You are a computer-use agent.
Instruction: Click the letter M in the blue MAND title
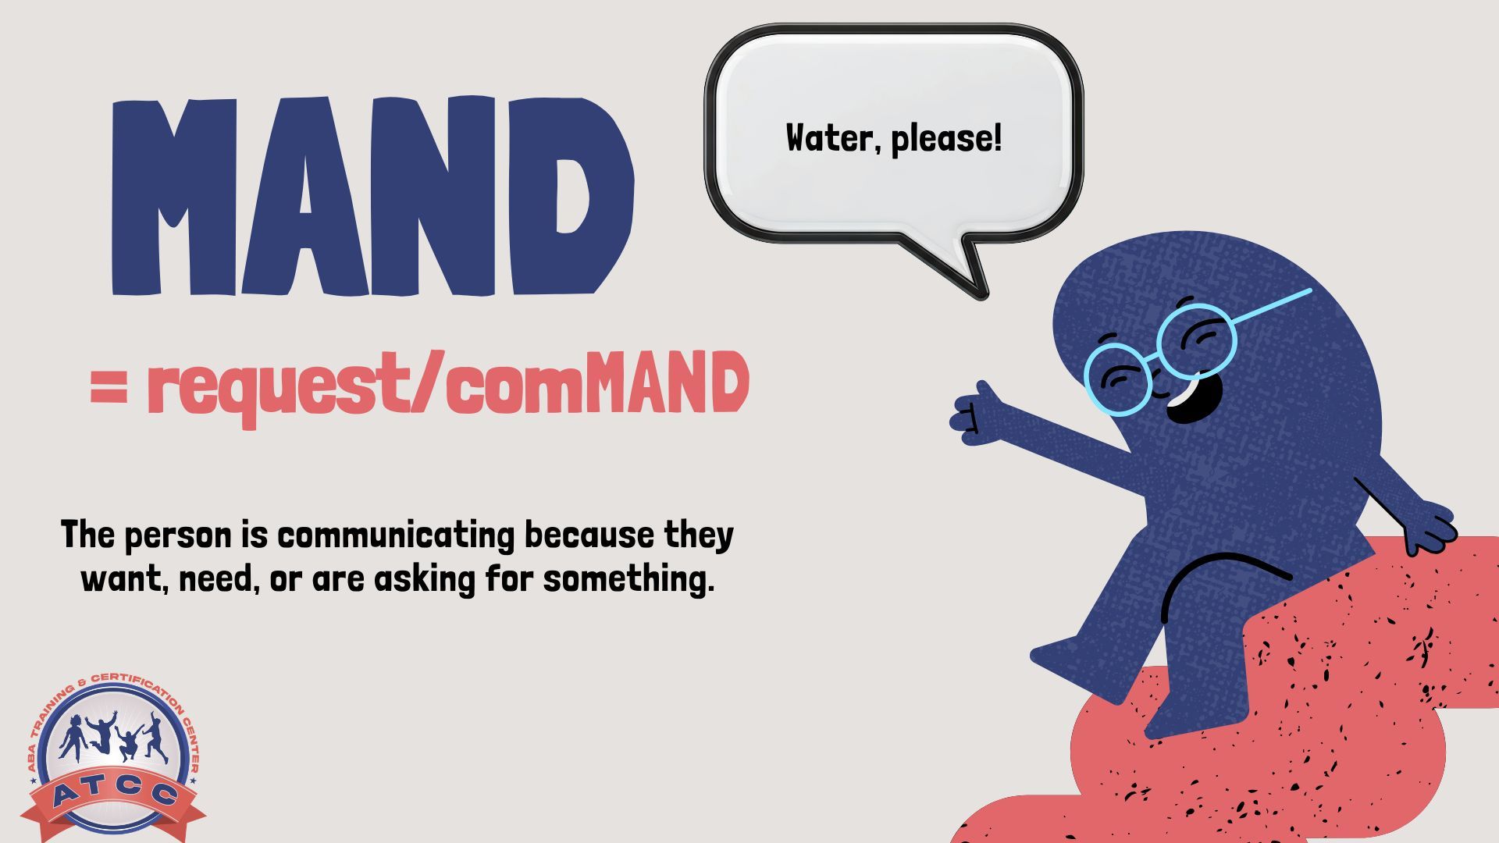click(176, 197)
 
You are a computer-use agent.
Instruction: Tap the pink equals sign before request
click(109, 388)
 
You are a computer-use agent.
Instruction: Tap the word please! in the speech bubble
click(945, 139)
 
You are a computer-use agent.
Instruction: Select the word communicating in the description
click(397, 535)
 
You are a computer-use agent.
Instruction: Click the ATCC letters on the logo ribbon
click(114, 795)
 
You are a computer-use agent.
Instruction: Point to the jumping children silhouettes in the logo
click(114, 737)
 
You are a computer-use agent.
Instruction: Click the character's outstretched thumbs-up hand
click(976, 414)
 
